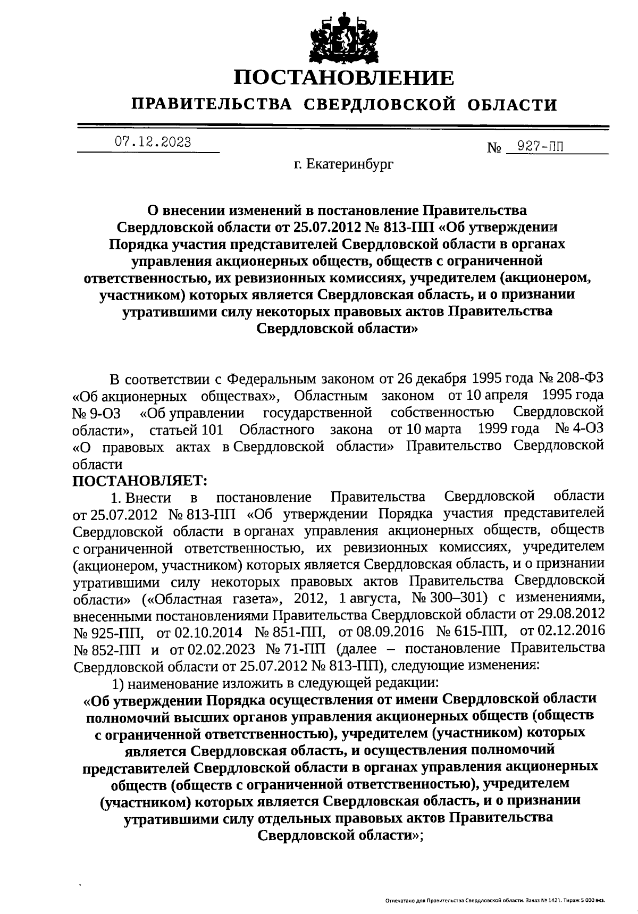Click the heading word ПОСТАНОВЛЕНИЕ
344,78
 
